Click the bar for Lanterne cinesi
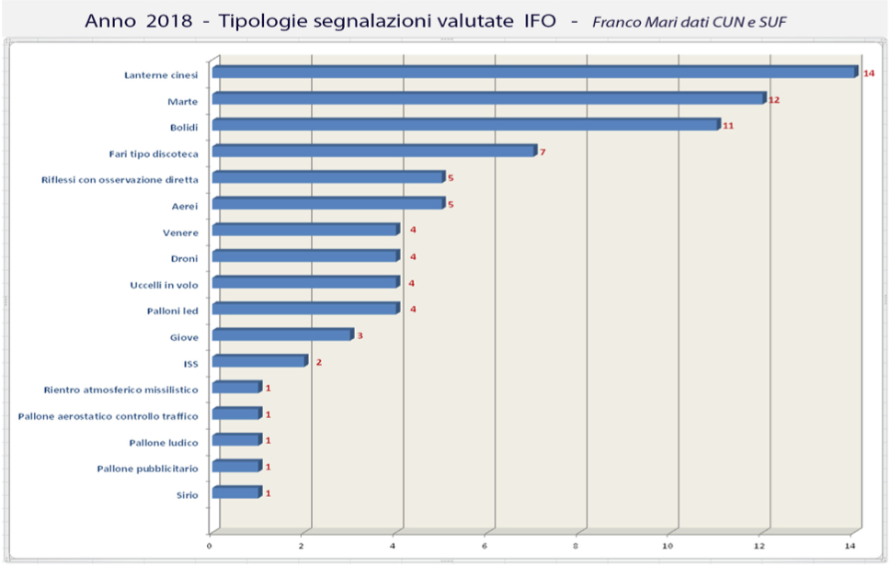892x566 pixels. coord(533,72)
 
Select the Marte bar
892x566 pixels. coord(487,98)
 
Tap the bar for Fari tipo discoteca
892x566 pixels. coord(372,151)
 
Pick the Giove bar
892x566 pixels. coord(281,335)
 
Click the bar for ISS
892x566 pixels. coord(258,361)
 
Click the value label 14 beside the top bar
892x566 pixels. coord(868,73)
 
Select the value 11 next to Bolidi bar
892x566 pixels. coord(728,125)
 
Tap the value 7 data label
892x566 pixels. coord(543,152)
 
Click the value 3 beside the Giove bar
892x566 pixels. coord(360,336)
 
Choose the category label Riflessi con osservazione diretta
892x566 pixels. coord(120,179)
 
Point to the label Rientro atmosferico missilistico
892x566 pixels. coord(120,390)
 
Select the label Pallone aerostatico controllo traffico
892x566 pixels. coord(108,416)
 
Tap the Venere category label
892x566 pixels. coord(179,232)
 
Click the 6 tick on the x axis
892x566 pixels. coord(486,546)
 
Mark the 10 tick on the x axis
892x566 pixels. coord(670,546)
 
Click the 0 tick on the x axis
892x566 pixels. coord(211,546)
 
